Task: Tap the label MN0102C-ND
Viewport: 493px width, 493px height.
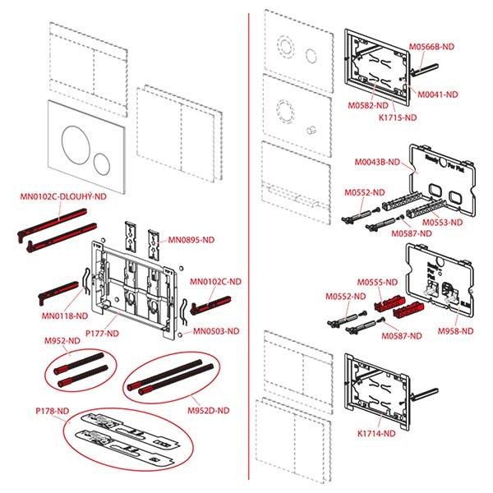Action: point(216,281)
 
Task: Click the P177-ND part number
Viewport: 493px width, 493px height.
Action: point(102,334)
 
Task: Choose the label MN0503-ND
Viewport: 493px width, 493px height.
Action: point(216,331)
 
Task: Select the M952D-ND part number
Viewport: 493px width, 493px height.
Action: point(206,409)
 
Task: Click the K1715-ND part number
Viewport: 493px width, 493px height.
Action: point(398,117)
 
